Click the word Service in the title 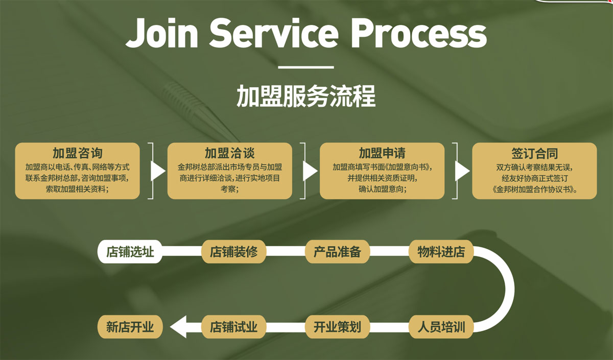[x=273, y=33]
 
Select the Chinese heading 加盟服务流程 [x=306, y=95]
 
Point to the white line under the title [x=306, y=67]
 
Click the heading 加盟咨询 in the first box [x=77, y=153]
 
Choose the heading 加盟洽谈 [x=229, y=153]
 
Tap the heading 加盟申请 [x=382, y=153]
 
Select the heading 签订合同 [x=534, y=153]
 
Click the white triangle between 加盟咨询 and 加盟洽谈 [x=157, y=171]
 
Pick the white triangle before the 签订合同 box [x=461, y=171]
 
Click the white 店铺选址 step [x=130, y=252]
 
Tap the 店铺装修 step [x=234, y=252]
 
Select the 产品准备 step [x=337, y=252]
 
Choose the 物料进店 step [x=441, y=252]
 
